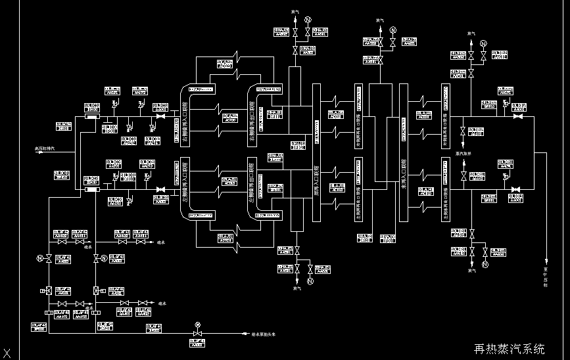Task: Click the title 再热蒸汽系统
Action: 510,349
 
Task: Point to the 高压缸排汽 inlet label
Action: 45,148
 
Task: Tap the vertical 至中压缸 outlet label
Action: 545,277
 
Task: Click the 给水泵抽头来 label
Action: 264,334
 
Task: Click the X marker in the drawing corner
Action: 7,353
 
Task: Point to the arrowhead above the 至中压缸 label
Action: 545,261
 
